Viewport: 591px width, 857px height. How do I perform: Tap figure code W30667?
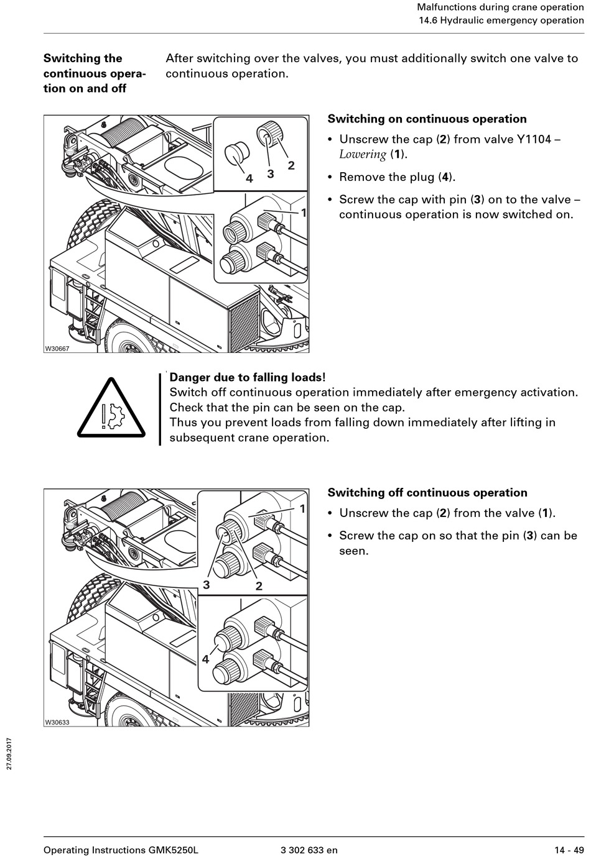click(57, 349)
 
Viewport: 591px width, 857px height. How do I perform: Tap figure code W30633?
click(57, 722)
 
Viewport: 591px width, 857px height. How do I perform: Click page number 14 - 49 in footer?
click(569, 850)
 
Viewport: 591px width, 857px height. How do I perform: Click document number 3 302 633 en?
click(309, 850)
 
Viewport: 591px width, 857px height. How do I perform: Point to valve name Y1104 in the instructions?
click(534, 139)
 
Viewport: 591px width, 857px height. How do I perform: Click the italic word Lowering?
click(362, 155)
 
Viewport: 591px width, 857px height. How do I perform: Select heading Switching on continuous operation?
click(427, 119)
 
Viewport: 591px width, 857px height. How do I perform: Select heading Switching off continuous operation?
click(427, 493)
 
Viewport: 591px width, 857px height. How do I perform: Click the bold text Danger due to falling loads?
click(248, 377)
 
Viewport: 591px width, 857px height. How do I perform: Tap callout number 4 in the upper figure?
click(249, 178)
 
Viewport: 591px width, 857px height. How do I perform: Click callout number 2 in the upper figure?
click(291, 165)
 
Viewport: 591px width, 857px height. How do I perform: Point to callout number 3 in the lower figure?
click(206, 585)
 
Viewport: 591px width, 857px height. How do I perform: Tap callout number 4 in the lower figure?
click(205, 659)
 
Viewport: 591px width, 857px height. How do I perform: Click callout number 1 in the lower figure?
click(302, 509)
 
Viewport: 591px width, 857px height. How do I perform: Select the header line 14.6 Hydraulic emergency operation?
click(501, 20)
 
